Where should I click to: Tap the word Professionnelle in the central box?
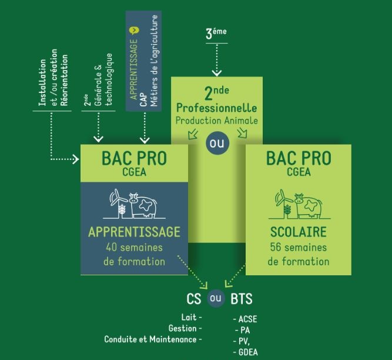[x=217, y=109]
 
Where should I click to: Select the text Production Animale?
[x=217, y=120]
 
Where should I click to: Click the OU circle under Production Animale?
[x=216, y=144]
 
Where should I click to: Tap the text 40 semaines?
[x=135, y=247]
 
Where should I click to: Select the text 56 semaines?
[x=298, y=247]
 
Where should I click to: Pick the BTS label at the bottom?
[x=241, y=299]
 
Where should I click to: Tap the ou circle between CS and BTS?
[x=216, y=299]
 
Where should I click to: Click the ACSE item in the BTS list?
[x=246, y=319]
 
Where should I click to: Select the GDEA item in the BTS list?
[x=246, y=352]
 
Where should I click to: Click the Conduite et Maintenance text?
[x=152, y=339]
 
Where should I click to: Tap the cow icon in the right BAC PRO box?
[x=306, y=204]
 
